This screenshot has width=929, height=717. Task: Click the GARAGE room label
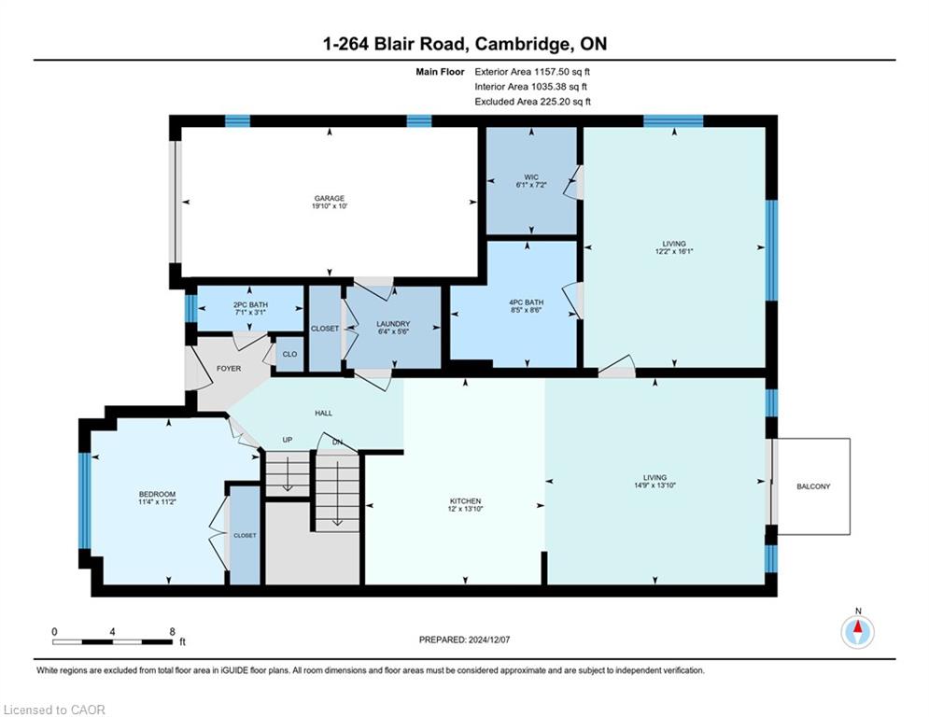pos(330,199)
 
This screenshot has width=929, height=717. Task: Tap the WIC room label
pos(531,177)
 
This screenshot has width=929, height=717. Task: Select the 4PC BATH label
pos(526,302)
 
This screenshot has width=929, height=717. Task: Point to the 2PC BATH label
pos(250,304)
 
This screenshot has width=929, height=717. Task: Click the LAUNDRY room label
pos(393,324)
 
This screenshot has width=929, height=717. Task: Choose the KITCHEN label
pos(466,501)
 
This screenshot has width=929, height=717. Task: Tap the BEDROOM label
pos(157,494)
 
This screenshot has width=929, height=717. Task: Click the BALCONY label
pos(813,486)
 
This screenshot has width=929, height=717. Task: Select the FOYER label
pos(229,369)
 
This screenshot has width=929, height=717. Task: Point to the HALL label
pos(323,413)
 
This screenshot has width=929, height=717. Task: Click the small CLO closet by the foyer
pos(289,355)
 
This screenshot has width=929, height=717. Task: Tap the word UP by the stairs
pos(288,440)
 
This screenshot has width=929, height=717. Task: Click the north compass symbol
pos(857,632)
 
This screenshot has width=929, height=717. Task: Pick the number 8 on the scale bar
pos(173,632)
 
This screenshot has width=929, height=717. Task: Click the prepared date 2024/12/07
pos(489,640)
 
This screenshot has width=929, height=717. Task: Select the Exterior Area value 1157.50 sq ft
pos(562,72)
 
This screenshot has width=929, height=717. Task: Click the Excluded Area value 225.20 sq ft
pos(565,102)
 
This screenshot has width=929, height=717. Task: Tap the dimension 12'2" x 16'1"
pos(674,251)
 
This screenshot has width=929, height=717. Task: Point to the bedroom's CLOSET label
pos(245,535)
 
